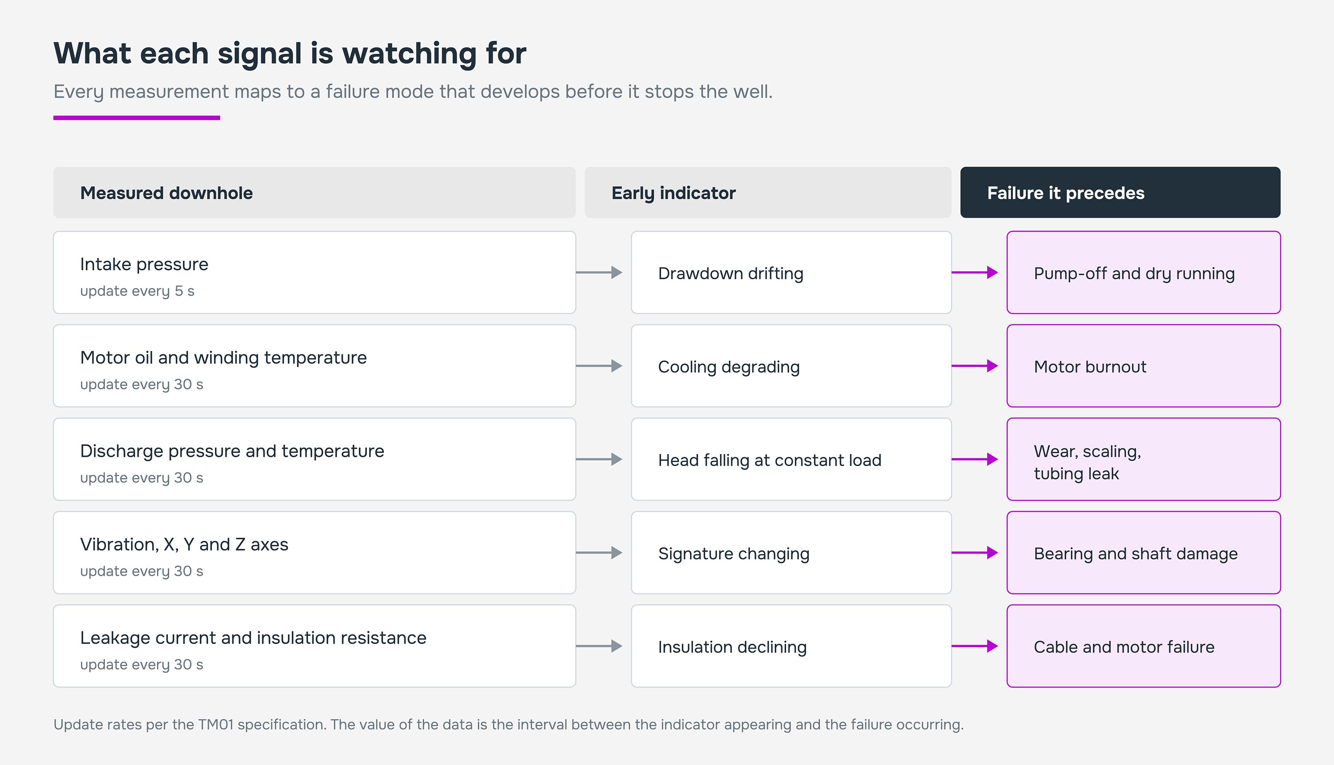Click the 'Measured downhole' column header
(x=314, y=192)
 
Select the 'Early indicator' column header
(x=768, y=192)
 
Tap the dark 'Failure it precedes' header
(x=1120, y=192)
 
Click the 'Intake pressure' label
(x=144, y=264)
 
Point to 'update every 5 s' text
(x=137, y=291)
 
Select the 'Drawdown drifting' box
(x=791, y=273)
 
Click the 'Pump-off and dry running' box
(x=1143, y=273)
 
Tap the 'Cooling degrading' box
(x=791, y=366)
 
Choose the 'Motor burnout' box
(x=1143, y=366)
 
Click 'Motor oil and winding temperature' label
(x=223, y=358)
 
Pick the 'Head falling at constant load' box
(x=791, y=459)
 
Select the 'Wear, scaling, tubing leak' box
(x=1143, y=459)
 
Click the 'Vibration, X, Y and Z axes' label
(x=184, y=545)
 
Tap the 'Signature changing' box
(x=791, y=553)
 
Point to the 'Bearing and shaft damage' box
(x=1143, y=553)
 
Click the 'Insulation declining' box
(x=791, y=646)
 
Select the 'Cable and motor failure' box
(x=1143, y=646)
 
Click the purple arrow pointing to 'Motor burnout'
(x=975, y=366)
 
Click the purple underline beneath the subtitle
(x=137, y=118)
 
